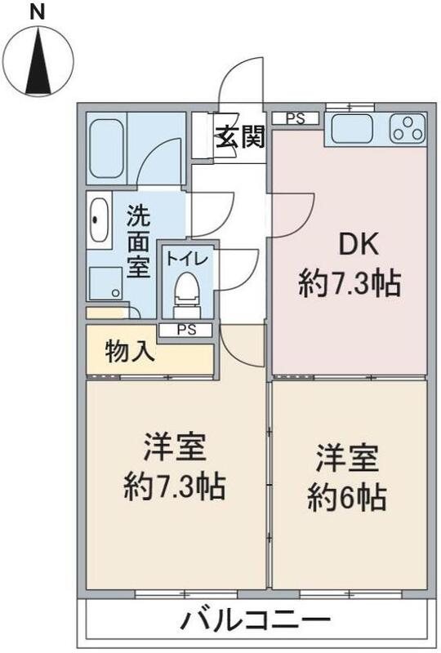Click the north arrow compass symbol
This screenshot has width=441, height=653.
(38, 60)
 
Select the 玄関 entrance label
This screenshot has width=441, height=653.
(240, 137)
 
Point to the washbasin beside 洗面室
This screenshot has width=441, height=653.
(99, 219)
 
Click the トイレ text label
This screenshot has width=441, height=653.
(188, 259)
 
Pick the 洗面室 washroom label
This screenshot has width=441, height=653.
(139, 242)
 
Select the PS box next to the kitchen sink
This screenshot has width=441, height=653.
(295, 118)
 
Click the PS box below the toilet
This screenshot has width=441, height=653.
(186, 330)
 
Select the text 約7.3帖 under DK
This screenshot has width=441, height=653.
(350, 283)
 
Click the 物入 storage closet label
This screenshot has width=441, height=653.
(130, 353)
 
